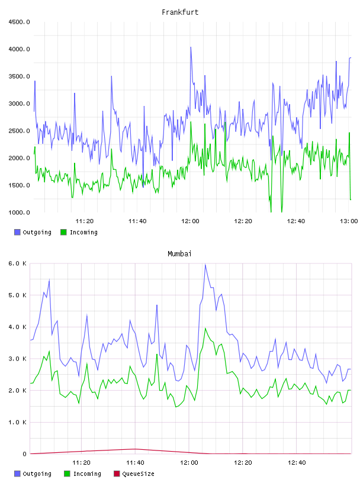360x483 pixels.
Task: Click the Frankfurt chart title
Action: pyautogui.click(x=180, y=12)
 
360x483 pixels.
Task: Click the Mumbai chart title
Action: pyautogui.click(x=179, y=254)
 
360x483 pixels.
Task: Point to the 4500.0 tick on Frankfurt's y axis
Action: pyautogui.click(x=19, y=22)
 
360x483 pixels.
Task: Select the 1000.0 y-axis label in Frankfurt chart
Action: pyautogui.click(x=19, y=212)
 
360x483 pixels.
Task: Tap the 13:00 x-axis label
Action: pyautogui.click(x=349, y=221)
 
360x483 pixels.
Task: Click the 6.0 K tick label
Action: pyautogui.click(x=17, y=263)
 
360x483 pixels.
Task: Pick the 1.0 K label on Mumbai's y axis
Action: pyautogui.click(x=17, y=422)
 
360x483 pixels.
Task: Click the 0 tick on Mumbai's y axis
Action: pyautogui.click(x=24, y=454)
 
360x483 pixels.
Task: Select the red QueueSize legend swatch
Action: pyautogui.click(x=117, y=474)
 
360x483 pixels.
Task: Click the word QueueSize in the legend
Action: pyautogui.click(x=138, y=474)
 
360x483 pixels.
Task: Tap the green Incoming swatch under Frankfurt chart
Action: pyautogui.click(x=63, y=232)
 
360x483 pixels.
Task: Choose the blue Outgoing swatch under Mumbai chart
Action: pyautogui.click(x=17, y=474)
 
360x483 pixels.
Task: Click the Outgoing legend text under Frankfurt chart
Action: pyautogui.click(x=37, y=232)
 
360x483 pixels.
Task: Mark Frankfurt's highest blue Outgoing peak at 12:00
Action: pyautogui.click(x=191, y=47)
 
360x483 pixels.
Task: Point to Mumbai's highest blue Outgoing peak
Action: pyautogui.click(x=205, y=264)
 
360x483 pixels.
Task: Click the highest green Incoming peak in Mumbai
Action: pyautogui.click(x=205, y=329)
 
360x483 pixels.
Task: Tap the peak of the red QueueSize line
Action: pyautogui.click(x=135, y=449)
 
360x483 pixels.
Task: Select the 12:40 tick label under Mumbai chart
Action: pyautogui.click(x=297, y=463)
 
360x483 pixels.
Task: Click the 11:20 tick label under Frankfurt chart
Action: pyautogui.click(x=85, y=221)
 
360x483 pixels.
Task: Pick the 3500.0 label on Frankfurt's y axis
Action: pyautogui.click(x=19, y=76)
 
